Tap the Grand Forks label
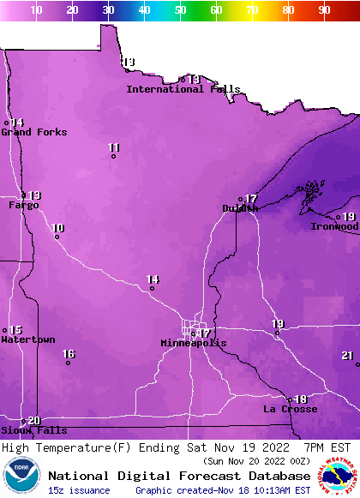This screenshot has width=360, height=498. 33,132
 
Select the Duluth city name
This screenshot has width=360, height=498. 240,208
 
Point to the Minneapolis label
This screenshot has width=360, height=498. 194,343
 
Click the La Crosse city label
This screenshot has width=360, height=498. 290,409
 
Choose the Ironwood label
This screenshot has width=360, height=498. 334,226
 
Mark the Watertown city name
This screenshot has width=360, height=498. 27,340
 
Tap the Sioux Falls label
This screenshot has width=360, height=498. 33,430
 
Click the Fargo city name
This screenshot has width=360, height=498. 24,205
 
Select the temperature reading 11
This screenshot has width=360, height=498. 114,147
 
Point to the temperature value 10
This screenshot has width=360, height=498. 57,228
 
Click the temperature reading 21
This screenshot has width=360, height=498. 347,355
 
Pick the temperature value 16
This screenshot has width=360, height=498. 69,354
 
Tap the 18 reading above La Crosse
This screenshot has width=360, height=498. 301,399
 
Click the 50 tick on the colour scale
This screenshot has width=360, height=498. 180,10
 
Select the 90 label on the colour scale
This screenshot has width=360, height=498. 324,10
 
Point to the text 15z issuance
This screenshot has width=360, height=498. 79,490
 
